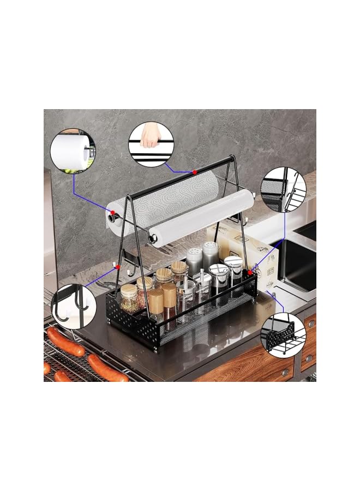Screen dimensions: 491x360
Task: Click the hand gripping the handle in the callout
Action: [x=148, y=139]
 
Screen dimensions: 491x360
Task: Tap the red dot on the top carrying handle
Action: [x=194, y=172]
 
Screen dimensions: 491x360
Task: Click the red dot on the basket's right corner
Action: [x=250, y=271]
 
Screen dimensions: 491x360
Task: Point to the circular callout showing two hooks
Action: [x=73, y=307]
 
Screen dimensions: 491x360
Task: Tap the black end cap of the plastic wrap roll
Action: [x=154, y=238]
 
